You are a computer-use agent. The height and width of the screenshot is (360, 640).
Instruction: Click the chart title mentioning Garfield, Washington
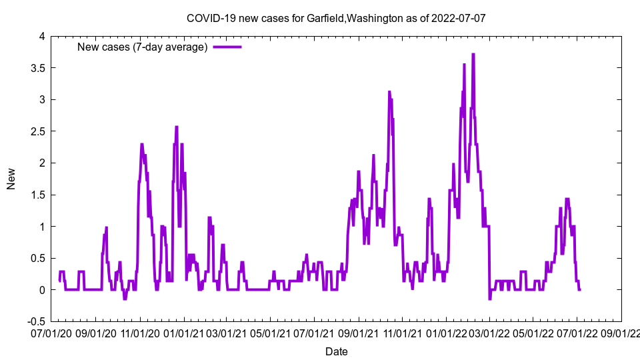336,18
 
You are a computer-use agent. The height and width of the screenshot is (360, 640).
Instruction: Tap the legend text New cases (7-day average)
143,47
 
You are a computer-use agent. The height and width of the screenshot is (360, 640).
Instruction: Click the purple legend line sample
227,47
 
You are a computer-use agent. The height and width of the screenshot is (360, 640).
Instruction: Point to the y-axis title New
11,179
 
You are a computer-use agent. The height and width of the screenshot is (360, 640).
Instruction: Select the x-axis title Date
336,351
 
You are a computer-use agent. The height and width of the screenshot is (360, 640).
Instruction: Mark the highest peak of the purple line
473,55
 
